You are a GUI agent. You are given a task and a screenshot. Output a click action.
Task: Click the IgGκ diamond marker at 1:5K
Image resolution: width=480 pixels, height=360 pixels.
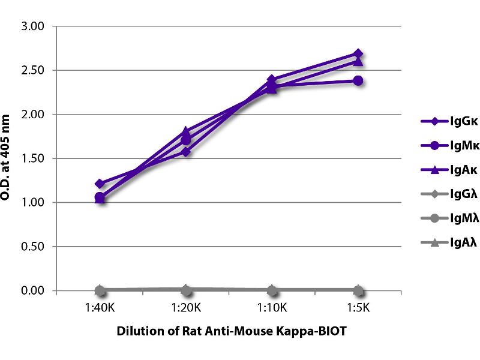click(x=358, y=53)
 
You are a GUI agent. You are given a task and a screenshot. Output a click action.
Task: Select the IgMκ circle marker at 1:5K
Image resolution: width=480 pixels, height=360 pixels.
click(x=358, y=80)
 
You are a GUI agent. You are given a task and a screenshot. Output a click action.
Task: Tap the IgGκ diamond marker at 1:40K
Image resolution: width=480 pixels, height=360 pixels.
click(x=100, y=184)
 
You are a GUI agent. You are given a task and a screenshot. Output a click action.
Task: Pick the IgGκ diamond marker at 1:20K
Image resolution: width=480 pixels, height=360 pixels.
click(x=186, y=152)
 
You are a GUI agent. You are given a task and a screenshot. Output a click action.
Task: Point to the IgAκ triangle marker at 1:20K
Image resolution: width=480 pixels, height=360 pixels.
click(x=186, y=131)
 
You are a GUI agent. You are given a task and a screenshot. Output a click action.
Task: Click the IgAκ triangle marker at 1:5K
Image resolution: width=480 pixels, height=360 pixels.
click(x=358, y=61)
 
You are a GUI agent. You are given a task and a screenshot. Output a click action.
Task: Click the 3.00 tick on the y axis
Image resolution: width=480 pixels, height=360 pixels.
click(x=34, y=26)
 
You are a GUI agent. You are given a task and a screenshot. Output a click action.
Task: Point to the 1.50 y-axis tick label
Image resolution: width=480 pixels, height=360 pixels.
click(x=34, y=158)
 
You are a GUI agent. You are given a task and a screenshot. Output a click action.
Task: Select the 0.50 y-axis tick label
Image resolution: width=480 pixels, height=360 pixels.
click(x=34, y=247)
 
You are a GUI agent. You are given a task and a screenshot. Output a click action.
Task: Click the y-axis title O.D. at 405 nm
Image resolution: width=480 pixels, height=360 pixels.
click(x=8, y=158)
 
